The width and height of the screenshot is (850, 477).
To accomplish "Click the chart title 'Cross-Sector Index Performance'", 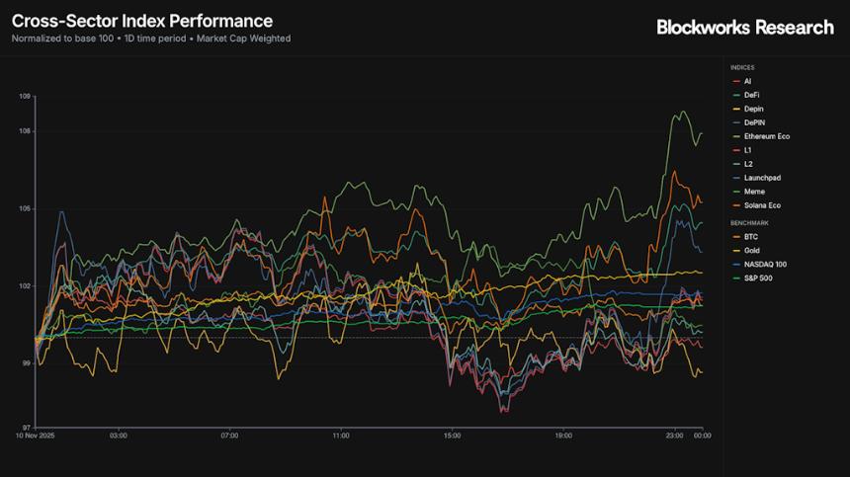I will [x=141, y=21].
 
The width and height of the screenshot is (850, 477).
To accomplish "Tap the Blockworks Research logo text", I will [x=745, y=27].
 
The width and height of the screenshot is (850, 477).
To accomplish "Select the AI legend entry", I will [x=748, y=81].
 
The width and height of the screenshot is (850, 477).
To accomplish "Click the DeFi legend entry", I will [x=751, y=95].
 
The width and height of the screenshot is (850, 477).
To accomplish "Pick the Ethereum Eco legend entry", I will [x=766, y=136].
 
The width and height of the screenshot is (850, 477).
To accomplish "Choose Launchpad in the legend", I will [x=758, y=178].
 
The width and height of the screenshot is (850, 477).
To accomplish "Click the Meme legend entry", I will [x=753, y=192].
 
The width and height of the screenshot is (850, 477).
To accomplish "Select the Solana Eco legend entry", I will [x=761, y=205].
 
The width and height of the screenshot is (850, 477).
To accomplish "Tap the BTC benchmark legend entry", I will [x=750, y=237].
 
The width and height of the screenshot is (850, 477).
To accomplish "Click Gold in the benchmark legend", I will [x=752, y=251].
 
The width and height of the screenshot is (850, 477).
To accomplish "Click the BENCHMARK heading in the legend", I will [x=749, y=223].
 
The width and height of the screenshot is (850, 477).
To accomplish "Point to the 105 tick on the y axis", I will [x=25, y=208].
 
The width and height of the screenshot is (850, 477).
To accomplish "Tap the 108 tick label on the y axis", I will [x=25, y=131].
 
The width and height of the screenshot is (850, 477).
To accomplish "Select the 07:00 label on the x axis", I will [x=229, y=435].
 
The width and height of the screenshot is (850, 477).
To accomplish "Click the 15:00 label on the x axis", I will [x=452, y=435].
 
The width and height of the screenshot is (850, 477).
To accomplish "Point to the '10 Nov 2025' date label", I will [x=34, y=435].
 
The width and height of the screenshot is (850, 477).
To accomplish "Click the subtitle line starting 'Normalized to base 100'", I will [x=151, y=39].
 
